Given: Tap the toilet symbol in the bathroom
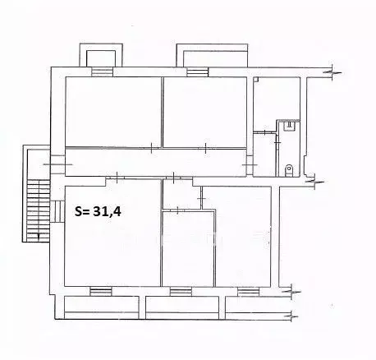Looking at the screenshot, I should point(288,169).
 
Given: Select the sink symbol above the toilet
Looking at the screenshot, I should point(289,125).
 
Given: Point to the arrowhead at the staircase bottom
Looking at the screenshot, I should point(36,236).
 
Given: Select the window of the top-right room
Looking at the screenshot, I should point(197,72).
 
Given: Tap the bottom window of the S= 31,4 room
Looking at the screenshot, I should point(100,289).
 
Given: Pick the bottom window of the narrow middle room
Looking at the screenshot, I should point(181,289).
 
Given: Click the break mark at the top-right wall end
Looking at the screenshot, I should point(329,73).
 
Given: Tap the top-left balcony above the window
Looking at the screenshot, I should point(103,57).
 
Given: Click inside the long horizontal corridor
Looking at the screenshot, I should point(156,159).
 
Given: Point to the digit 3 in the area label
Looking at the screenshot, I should point(106,211).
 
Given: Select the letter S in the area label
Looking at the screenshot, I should point(80,211).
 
